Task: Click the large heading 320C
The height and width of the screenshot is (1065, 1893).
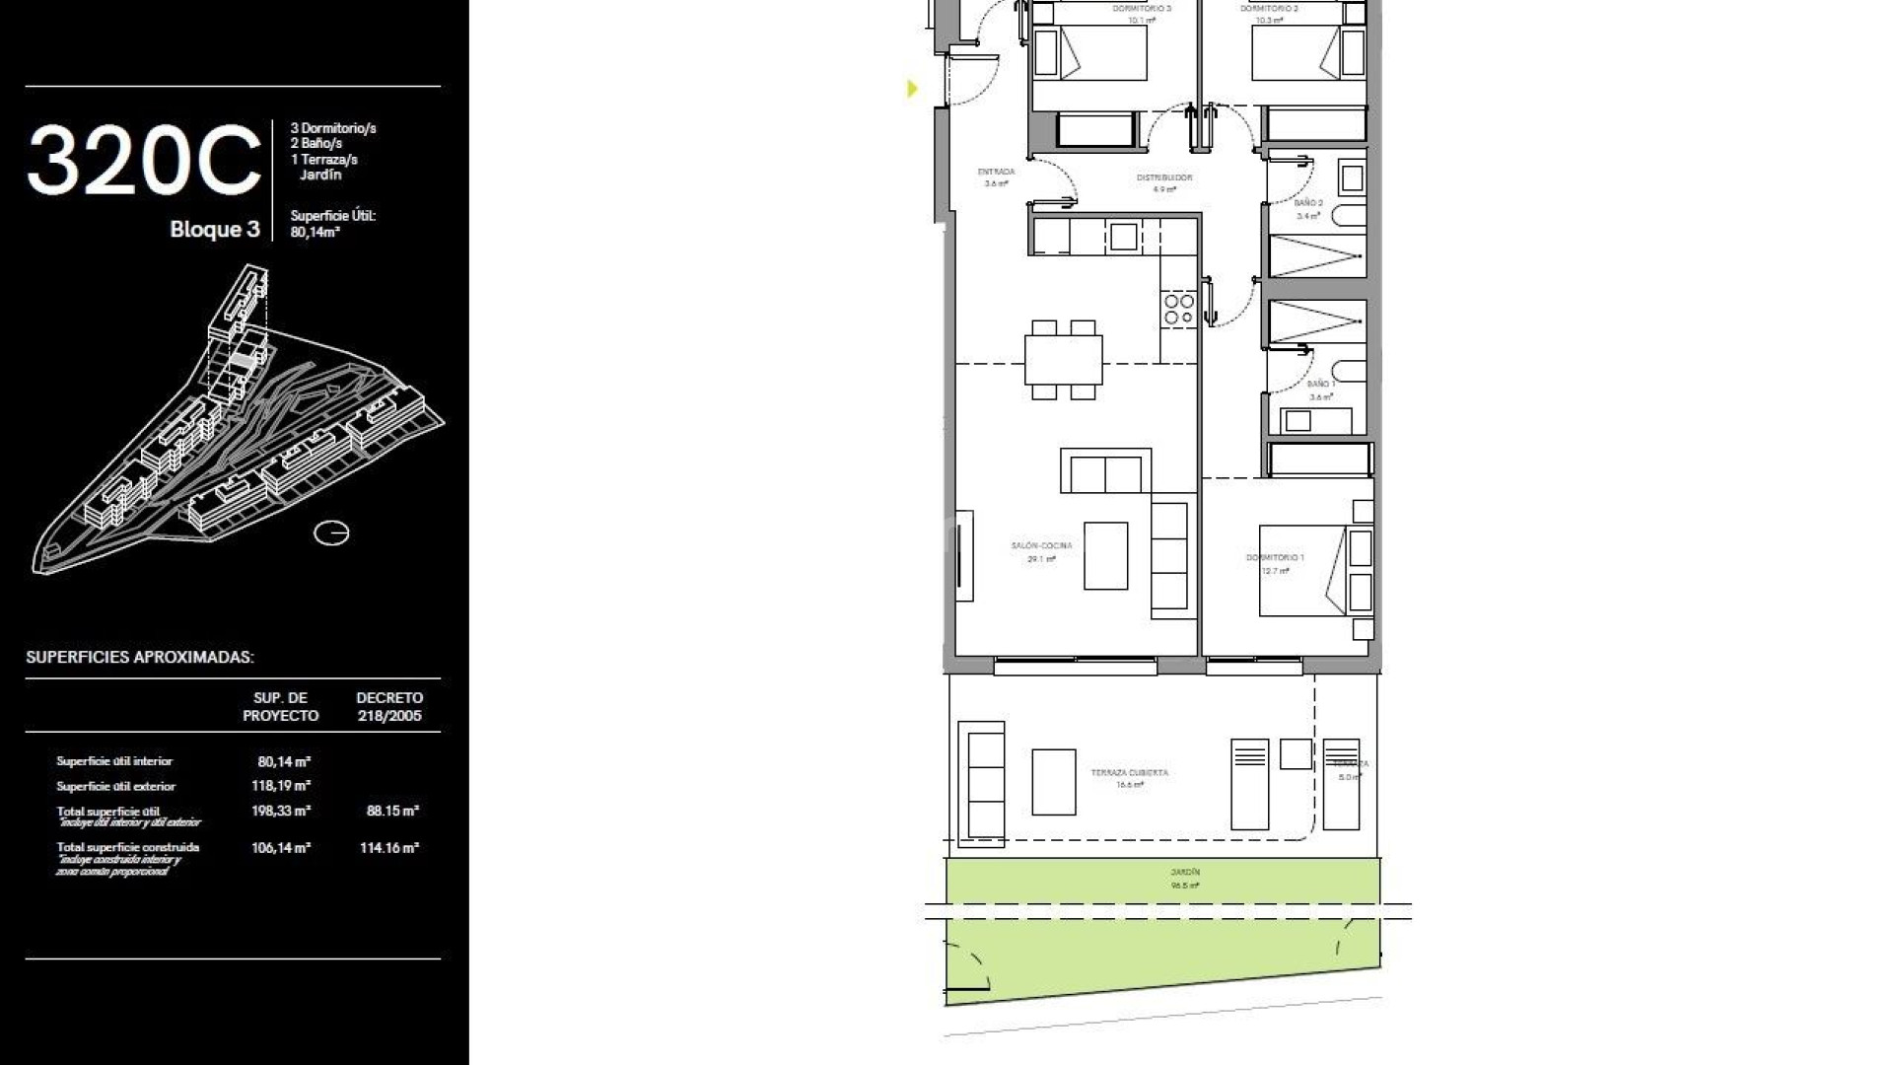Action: pyautogui.click(x=144, y=161)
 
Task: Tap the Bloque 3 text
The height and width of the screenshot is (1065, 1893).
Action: pyautogui.click(x=215, y=230)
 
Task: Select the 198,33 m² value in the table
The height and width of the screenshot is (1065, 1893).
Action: pyautogui.click(x=281, y=811)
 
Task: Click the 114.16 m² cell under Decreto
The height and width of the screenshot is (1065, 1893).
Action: pyautogui.click(x=389, y=847)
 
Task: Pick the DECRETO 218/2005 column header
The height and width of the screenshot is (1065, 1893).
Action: pyautogui.click(x=389, y=706)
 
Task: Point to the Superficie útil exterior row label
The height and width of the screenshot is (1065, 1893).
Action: pyautogui.click(x=116, y=786)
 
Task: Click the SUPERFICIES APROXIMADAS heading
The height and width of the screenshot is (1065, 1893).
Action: pyautogui.click(x=140, y=657)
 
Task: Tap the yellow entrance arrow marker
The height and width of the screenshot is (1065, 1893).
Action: pyautogui.click(x=912, y=89)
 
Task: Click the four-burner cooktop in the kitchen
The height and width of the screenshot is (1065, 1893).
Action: pyautogui.click(x=1179, y=309)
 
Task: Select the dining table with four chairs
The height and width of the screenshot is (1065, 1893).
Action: pyautogui.click(x=1063, y=360)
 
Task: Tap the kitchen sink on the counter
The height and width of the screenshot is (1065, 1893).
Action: pyautogui.click(x=1123, y=237)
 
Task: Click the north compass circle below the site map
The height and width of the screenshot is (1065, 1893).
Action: pyautogui.click(x=331, y=533)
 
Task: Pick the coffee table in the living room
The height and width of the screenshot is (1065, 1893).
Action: pyautogui.click(x=1105, y=556)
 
